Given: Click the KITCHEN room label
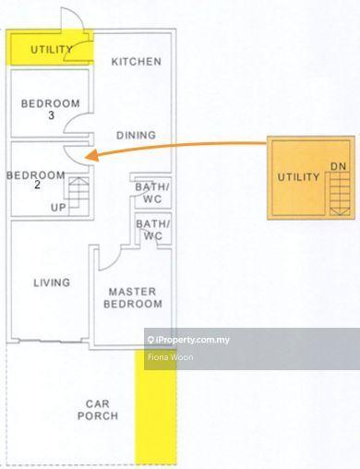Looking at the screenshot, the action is [137, 62].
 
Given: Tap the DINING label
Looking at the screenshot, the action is [136, 135].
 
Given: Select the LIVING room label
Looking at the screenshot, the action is [52, 283].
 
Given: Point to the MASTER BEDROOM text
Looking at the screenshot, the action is [133, 297].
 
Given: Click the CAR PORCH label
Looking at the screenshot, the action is [98, 410].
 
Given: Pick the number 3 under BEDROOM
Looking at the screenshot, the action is [51, 115].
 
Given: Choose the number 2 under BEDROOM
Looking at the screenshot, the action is [37, 185].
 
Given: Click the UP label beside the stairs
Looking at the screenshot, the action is [58, 208].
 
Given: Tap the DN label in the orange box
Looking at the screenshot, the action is [339, 166].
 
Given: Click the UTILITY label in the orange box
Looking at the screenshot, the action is [298, 177].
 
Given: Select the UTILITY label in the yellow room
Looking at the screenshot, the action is [52, 49].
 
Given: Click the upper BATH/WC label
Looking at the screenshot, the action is [152, 193].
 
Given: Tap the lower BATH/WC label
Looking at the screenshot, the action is [152, 230].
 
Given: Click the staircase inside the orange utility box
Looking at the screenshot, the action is [340, 194].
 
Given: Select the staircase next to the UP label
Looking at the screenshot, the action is [78, 196].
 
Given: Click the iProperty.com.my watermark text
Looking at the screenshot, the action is [188, 340].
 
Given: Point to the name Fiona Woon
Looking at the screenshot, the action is [171, 357].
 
